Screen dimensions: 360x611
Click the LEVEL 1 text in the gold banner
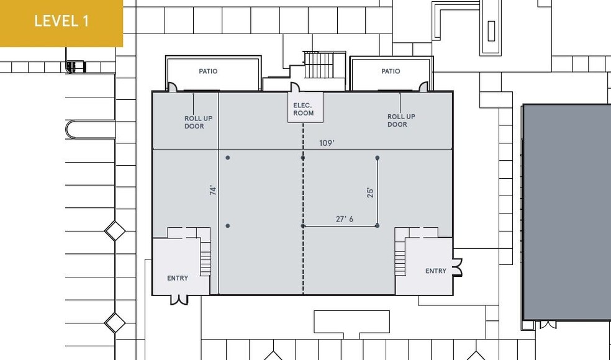(61, 21)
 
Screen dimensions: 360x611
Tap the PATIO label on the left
(208, 71)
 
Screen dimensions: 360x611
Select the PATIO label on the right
(391, 71)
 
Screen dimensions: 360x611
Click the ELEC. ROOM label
(304, 109)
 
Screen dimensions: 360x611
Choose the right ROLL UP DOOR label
(401, 120)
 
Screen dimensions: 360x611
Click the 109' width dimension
(327, 143)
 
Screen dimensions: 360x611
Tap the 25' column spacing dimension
(370, 192)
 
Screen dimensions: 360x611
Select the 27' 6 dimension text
(344, 219)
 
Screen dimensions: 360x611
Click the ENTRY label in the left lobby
(178, 278)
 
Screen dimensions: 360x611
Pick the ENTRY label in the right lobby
(435, 271)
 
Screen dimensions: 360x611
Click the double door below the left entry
(179, 300)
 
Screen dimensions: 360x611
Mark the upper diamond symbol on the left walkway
(115, 231)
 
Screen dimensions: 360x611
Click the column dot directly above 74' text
(228, 158)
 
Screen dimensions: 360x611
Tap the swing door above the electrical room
(296, 88)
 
